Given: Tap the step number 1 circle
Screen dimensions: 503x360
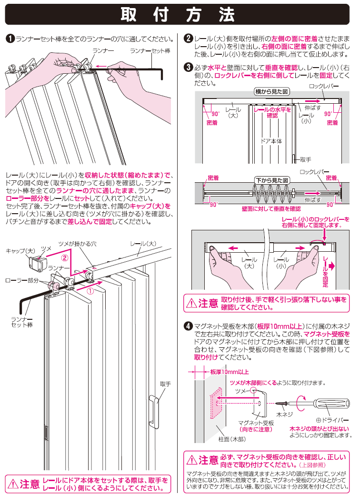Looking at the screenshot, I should click(x=10, y=38).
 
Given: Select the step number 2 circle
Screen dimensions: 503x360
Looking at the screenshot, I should click(x=188, y=38).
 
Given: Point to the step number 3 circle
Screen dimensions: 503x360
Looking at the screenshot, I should click(x=188, y=68).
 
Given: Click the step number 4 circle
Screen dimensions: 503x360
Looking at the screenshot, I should click(x=188, y=326).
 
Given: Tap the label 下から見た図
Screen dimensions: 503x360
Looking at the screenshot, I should click(x=272, y=181).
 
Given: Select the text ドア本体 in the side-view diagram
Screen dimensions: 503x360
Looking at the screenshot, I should click(x=271, y=141).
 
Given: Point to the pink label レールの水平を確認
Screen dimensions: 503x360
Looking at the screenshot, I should click(x=272, y=112).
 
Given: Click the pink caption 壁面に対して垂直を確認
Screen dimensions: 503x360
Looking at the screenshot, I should click(x=271, y=208).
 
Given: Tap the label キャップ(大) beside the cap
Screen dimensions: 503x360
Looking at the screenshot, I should click(x=17, y=250).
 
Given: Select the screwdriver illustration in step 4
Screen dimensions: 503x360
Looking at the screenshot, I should click(x=329, y=402).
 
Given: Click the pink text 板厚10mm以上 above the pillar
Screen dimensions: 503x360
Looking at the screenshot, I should click(x=229, y=372).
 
